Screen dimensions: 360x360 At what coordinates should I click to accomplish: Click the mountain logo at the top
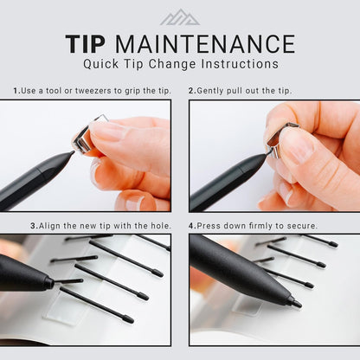tap(180, 17)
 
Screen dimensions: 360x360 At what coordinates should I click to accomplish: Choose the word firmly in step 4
tap(274, 226)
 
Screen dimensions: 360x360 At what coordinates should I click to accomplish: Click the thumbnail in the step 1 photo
tap(107, 132)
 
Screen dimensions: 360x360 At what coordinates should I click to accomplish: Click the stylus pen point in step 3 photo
tap(53, 282)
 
